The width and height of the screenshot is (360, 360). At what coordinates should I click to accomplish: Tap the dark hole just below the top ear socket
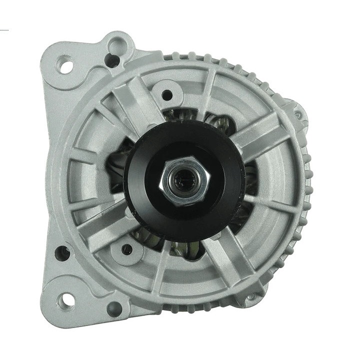tap(113, 60)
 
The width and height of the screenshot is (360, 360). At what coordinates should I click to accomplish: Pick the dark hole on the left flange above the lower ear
tap(62, 253)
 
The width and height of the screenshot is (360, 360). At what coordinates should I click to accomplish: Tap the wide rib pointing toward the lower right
tap(235, 260)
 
